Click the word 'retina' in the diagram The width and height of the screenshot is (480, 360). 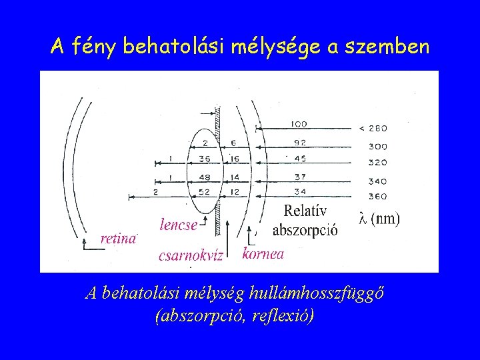point(117,239)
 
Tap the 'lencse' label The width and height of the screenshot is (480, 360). point(178,225)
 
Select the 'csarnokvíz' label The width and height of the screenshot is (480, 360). point(190,256)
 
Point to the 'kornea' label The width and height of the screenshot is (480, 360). point(263,253)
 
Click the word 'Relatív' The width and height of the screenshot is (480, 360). point(305,211)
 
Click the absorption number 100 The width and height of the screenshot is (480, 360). point(299,124)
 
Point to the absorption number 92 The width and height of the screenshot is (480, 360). point(299,141)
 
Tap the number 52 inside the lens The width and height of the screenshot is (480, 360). point(204,193)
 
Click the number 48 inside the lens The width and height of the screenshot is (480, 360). point(204,177)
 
